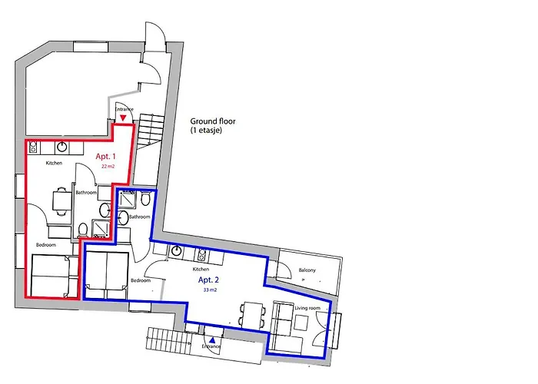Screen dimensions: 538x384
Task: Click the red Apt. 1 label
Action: pyautogui.click(x=106, y=157)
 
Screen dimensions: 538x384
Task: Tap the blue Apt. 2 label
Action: pyautogui.click(x=208, y=280)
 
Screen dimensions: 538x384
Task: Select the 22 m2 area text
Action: pyautogui.click(x=108, y=167)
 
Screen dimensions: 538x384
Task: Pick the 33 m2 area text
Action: pyautogui.click(x=210, y=290)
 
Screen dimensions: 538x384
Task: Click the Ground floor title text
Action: pyautogui.click(x=213, y=121)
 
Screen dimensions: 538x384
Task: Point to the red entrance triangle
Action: pyautogui.click(x=123, y=118)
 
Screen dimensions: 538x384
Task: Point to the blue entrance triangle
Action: pyautogui.click(x=212, y=340)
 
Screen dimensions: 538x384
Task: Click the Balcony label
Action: pyautogui.click(x=307, y=270)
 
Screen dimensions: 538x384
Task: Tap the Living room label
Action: pyautogui.click(x=307, y=308)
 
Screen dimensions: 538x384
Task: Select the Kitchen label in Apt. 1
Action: pyautogui.click(x=54, y=163)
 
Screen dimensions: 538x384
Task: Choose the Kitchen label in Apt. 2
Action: pyautogui.click(x=201, y=269)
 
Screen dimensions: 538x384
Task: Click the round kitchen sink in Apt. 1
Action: pyautogui.click(x=61, y=147)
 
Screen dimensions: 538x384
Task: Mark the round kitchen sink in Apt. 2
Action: pyautogui.click(x=176, y=251)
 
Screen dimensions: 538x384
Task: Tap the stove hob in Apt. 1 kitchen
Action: pyautogui.click(x=33, y=147)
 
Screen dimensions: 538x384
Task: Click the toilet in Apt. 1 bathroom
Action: pyautogui.click(x=83, y=230)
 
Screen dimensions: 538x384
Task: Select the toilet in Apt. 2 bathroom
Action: pyautogui.click(x=145, y=199)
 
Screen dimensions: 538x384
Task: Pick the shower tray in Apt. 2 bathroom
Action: pyautogui.click(x=128, y=200)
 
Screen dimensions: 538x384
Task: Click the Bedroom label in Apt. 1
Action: pyautogui.click(x=46, y=245)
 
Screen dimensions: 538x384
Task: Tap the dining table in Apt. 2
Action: pyautogui.click(x=252, y=314)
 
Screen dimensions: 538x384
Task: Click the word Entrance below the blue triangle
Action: pyautogui.click(x=211, y=346)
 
